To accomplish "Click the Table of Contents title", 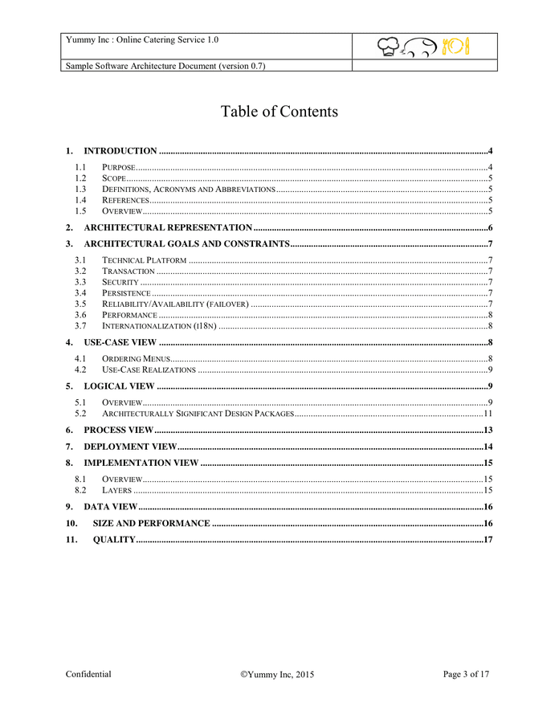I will [279, 112].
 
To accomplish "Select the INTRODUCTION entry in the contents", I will [120, 151].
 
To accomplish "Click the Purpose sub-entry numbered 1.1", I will [118, 167].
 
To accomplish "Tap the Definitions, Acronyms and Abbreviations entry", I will [188, 189].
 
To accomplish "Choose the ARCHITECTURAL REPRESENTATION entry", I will [168, 228].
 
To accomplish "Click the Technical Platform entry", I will [145, 260].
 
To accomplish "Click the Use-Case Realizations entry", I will [149, 370].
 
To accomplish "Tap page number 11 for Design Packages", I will [487, 414].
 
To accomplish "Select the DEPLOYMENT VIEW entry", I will [130, 447].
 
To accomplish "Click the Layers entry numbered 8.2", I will [116, 490].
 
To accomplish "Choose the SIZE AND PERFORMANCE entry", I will [151, 524].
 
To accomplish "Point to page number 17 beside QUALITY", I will [487, 540].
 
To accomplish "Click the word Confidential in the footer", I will [88, 675].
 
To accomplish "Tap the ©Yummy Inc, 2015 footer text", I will [277, 676].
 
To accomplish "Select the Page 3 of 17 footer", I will [466, 675].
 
